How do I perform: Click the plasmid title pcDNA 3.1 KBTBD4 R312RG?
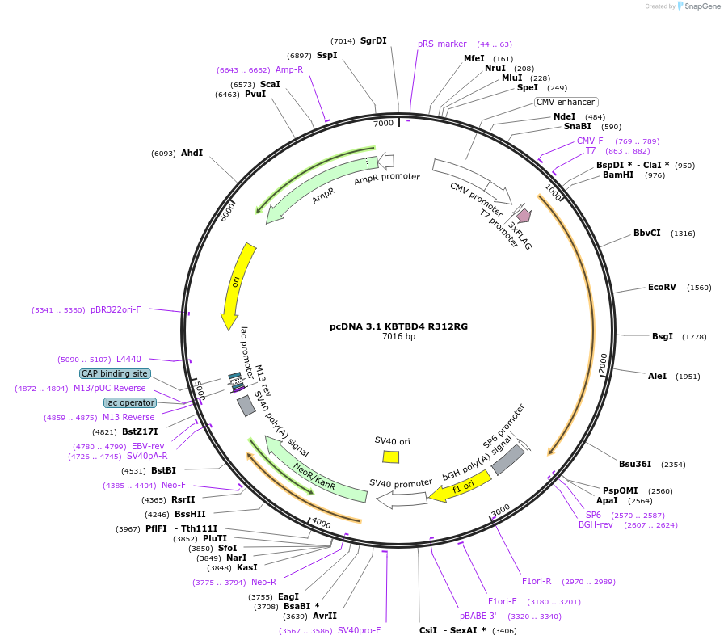pyautogui.click(x=398, y=326)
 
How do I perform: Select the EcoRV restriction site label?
pyautogui.click(x=662, y=287)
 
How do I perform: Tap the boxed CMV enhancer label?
pyautogui.click(x=566, y=102)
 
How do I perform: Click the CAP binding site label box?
pyautogui.click(x=115, y=373)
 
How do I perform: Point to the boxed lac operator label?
pyautogui.click(x=130, y=402)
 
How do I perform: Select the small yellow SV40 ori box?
pyautogui.click(x=391, y=457)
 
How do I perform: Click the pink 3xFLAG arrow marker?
pyautogui.click(x=524, y=215)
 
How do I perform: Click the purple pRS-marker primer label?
pyautogui.click(x=442, y=44)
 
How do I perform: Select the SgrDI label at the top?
pyautogui.click(x=373, y=40)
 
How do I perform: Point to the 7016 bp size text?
pyautogui.click(x=398, y=337)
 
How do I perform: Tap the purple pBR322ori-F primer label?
pyautogui.click(x=116, y=309)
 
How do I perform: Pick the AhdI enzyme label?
pyautogui.click(x=192, y=153)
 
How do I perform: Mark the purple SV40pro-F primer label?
pyautogui.click(x=359, y=630)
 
